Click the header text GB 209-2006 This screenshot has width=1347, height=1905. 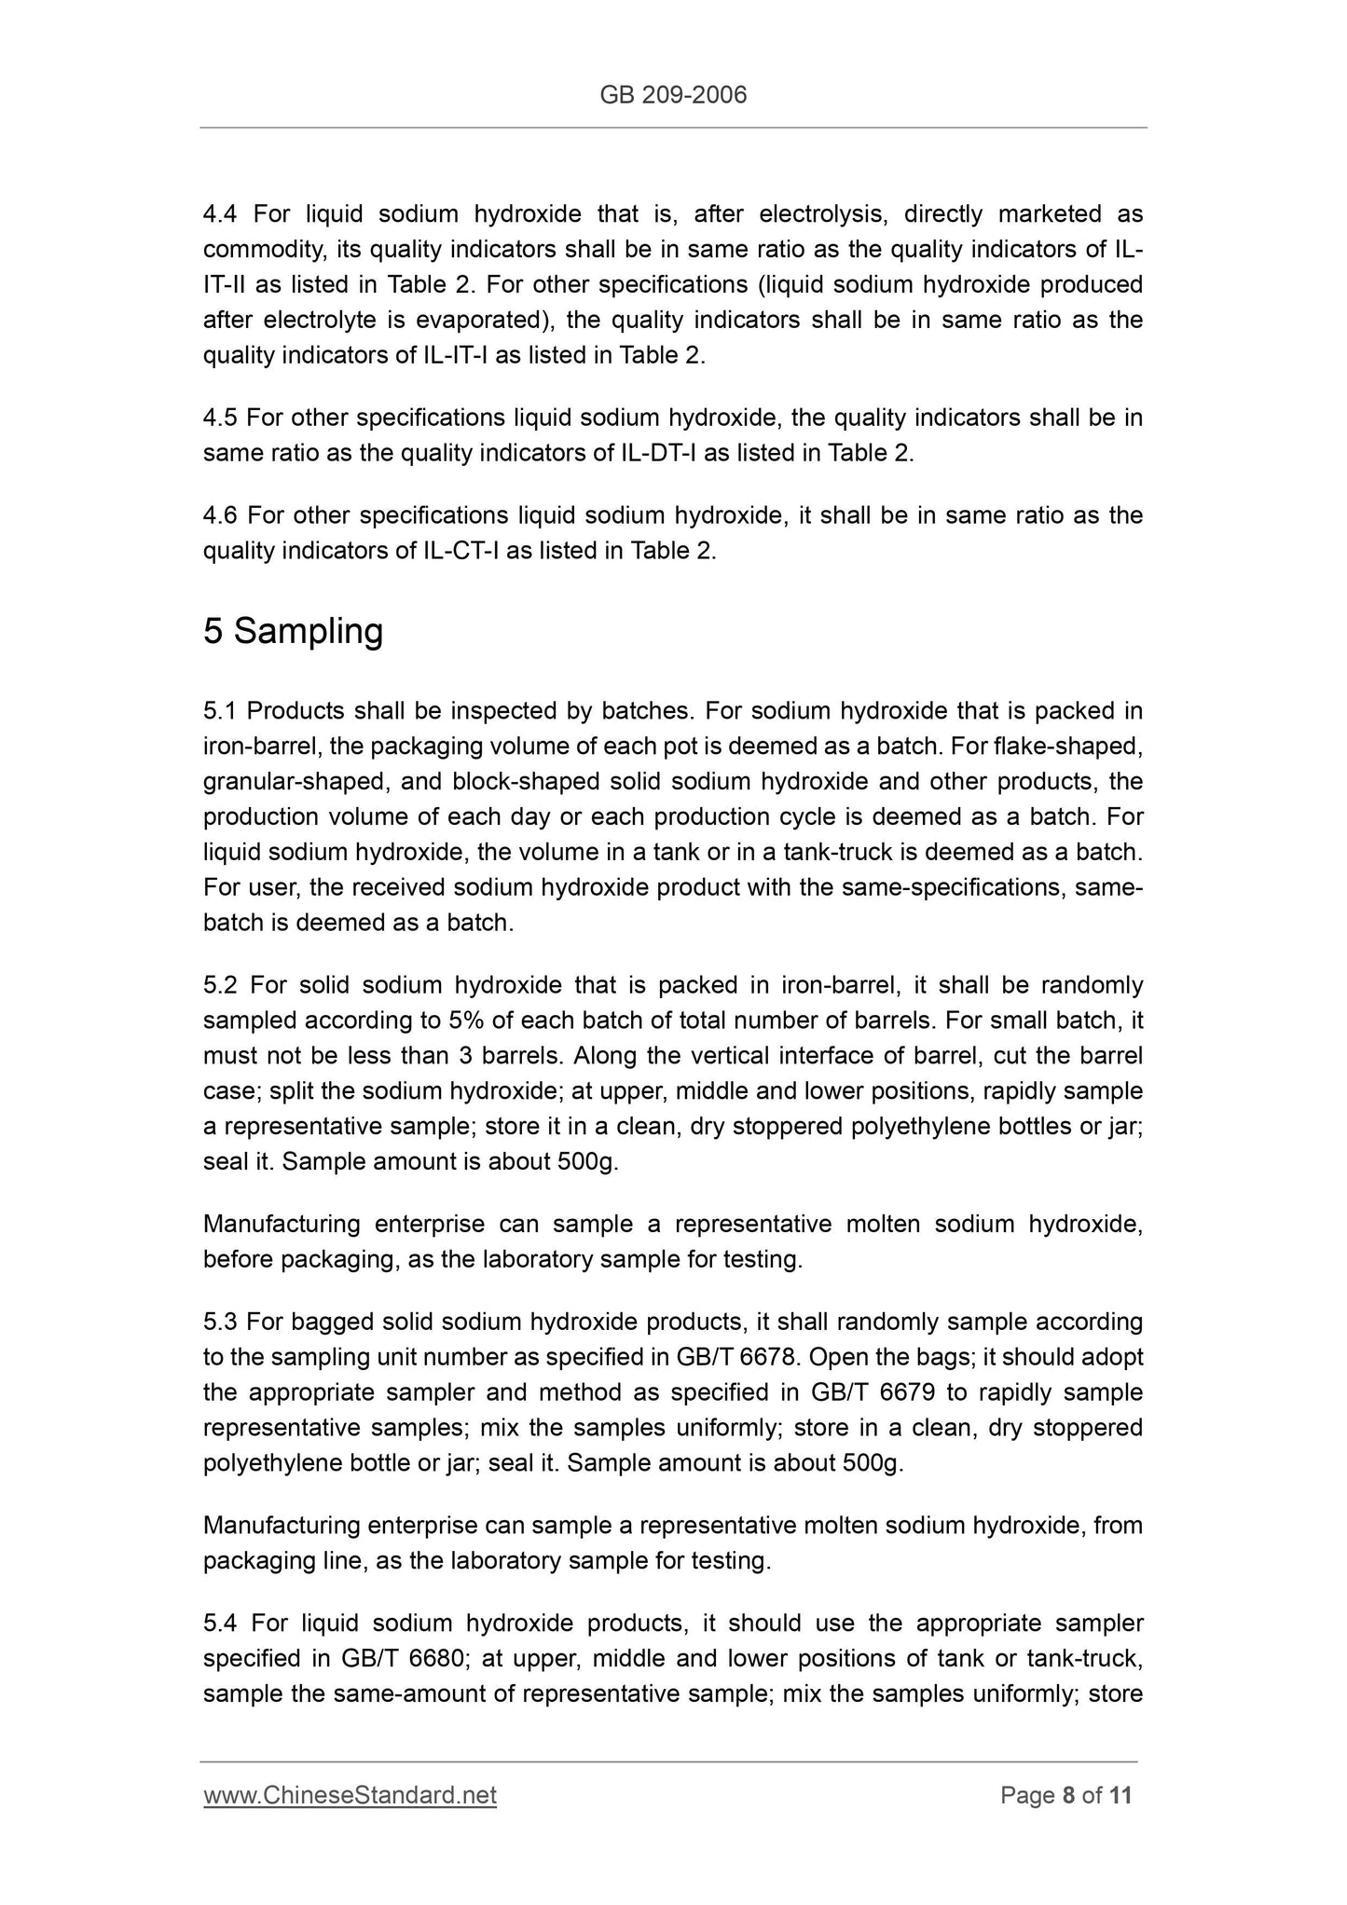point(673,95)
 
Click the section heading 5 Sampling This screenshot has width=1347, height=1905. point(293,631)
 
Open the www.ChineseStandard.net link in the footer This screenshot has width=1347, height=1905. point(350,1794)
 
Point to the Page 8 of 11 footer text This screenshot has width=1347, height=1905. point(1065,1794)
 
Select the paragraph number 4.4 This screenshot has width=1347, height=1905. point(220,214)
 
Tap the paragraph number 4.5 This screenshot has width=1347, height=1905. point(220,418)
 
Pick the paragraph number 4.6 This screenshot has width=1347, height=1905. point(221,515)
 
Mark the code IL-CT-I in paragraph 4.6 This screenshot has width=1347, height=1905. point(461,551)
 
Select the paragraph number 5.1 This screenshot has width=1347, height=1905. point(220,711)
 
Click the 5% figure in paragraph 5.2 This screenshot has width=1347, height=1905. point(464,1021)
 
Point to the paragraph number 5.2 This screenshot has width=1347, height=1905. point(221,985)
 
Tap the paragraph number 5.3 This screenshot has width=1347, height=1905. point(220,1322)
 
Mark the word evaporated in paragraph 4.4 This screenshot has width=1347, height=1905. point(483,320)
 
